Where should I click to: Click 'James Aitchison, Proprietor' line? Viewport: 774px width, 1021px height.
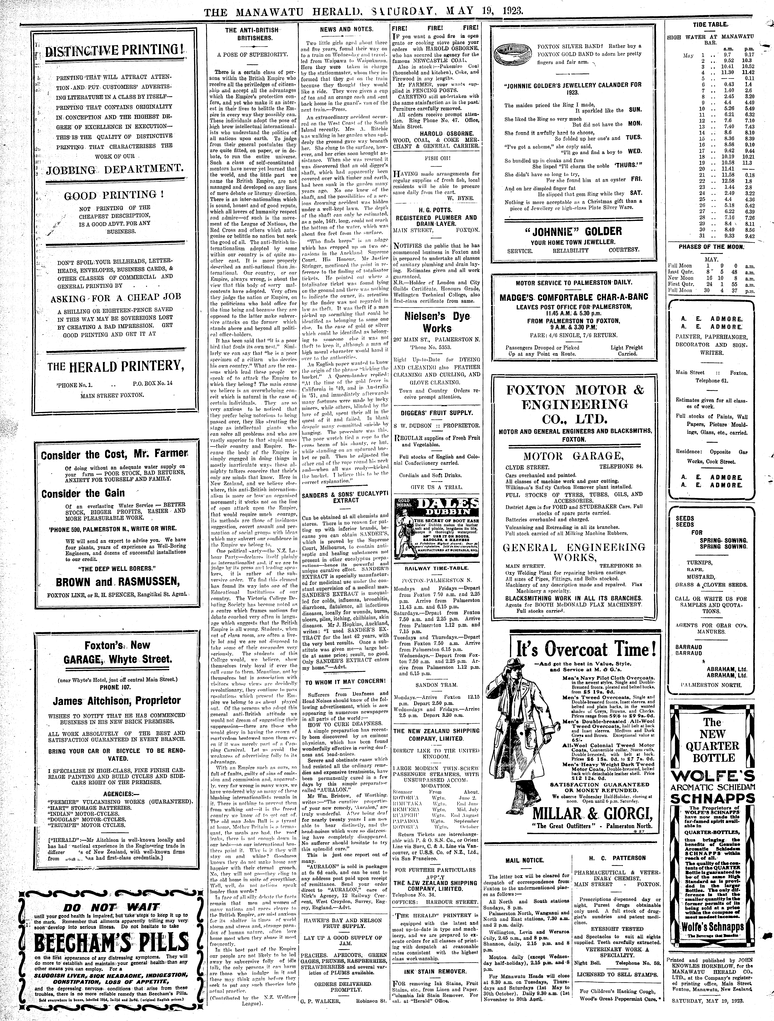point(110,701)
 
